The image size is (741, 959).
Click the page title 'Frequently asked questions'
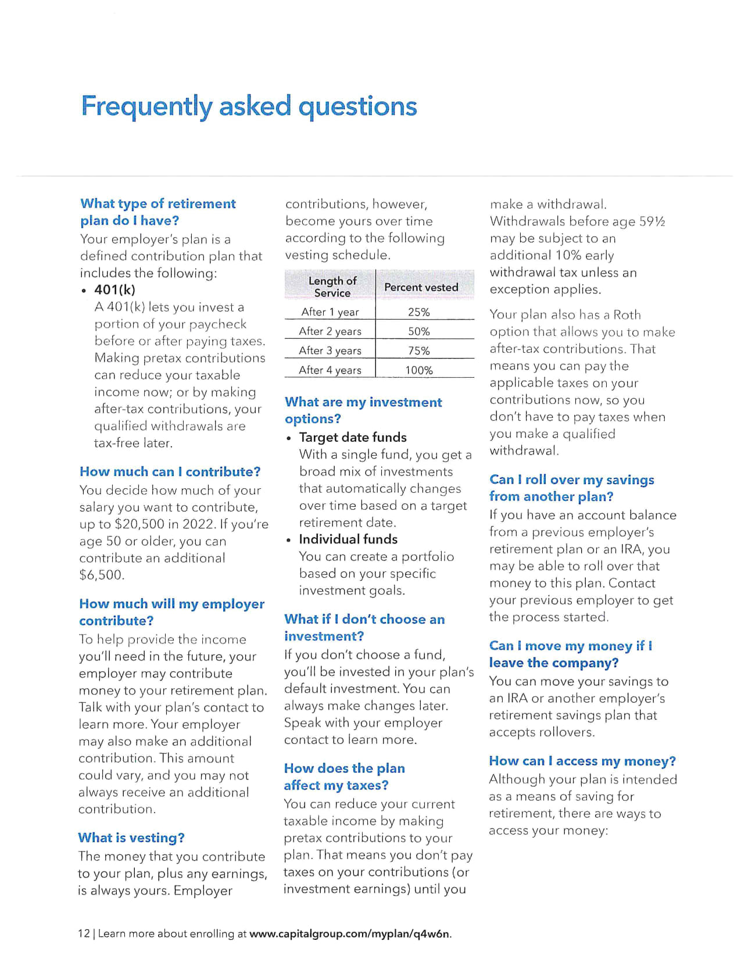click(249, 106)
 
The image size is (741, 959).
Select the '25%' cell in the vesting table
click(418, 312)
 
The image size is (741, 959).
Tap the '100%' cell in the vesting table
click(418, 370)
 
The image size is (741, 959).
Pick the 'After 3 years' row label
click(330, 350)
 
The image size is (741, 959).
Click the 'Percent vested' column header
click(421, 287)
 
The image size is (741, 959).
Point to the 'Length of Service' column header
click(332, 287)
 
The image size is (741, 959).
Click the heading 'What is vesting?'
click(131, 838)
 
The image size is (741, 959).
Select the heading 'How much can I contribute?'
click(170, 471)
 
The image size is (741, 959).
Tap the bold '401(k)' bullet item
click(114, 289)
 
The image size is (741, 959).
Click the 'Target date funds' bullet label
click(353, 437)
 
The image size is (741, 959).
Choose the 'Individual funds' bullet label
click(348, 539)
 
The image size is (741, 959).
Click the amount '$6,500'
click(101, 575)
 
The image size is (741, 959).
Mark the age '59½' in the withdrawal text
click(652, 221)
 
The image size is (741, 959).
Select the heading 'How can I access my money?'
click(582, 761)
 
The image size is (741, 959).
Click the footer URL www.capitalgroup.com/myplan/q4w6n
click(350, 933)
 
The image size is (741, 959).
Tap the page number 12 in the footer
click(84, 933)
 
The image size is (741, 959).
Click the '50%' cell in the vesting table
click(418, 331)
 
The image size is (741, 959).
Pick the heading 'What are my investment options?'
click(363, 410)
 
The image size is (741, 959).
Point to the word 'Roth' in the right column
click(627, 315)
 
